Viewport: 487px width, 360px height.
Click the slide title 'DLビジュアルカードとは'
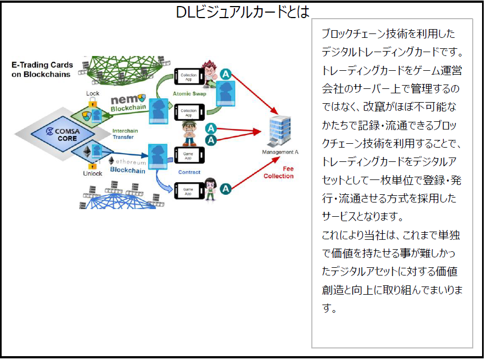click(x=243, y=12)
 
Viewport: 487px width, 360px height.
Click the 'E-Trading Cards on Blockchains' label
click(x=42, y=69)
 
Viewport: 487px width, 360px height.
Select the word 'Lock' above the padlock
click(x=93, y=93)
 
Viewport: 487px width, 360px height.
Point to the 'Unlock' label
click(x=92, y=173)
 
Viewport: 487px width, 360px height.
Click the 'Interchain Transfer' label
click(x=125, y=134)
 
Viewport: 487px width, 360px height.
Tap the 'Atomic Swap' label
click(x=188, y=93)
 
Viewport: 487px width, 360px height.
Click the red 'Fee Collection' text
click(x=278, y=172)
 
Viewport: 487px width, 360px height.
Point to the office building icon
click(x=279, y=132)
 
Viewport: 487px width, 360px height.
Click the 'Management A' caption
click(x=280, y=152)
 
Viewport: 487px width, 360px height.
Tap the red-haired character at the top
click(x=209, y=72)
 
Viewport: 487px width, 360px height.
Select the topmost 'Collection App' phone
click(x=188, y=76)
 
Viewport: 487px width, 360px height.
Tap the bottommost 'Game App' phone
click(x=188, y=192)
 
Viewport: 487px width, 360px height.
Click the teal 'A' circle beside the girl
click(x=225, y=189)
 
